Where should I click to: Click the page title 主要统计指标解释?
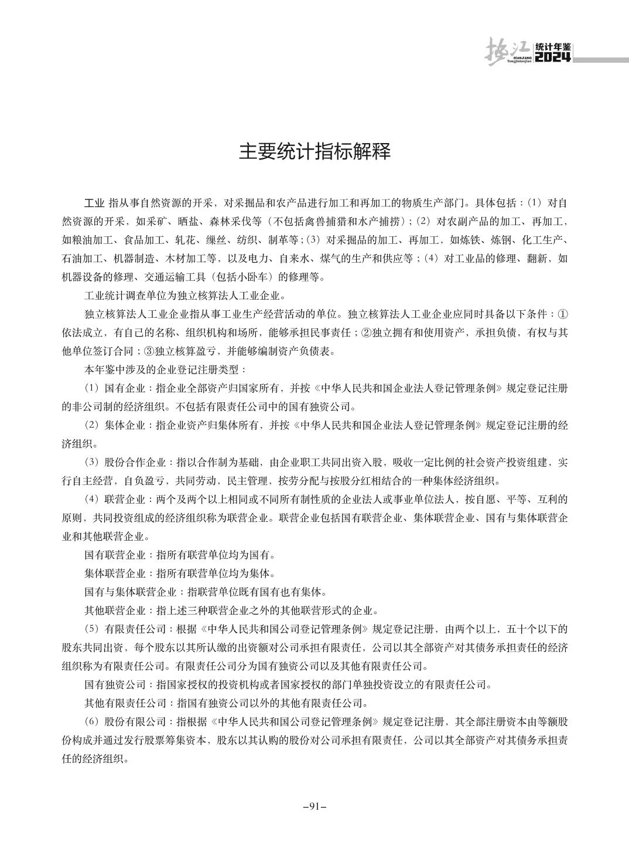tap(314, 152)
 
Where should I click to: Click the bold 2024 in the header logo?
tap(553, 57)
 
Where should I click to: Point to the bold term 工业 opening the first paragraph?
tap(94, 204)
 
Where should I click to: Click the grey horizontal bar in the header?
tap(600, 59)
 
